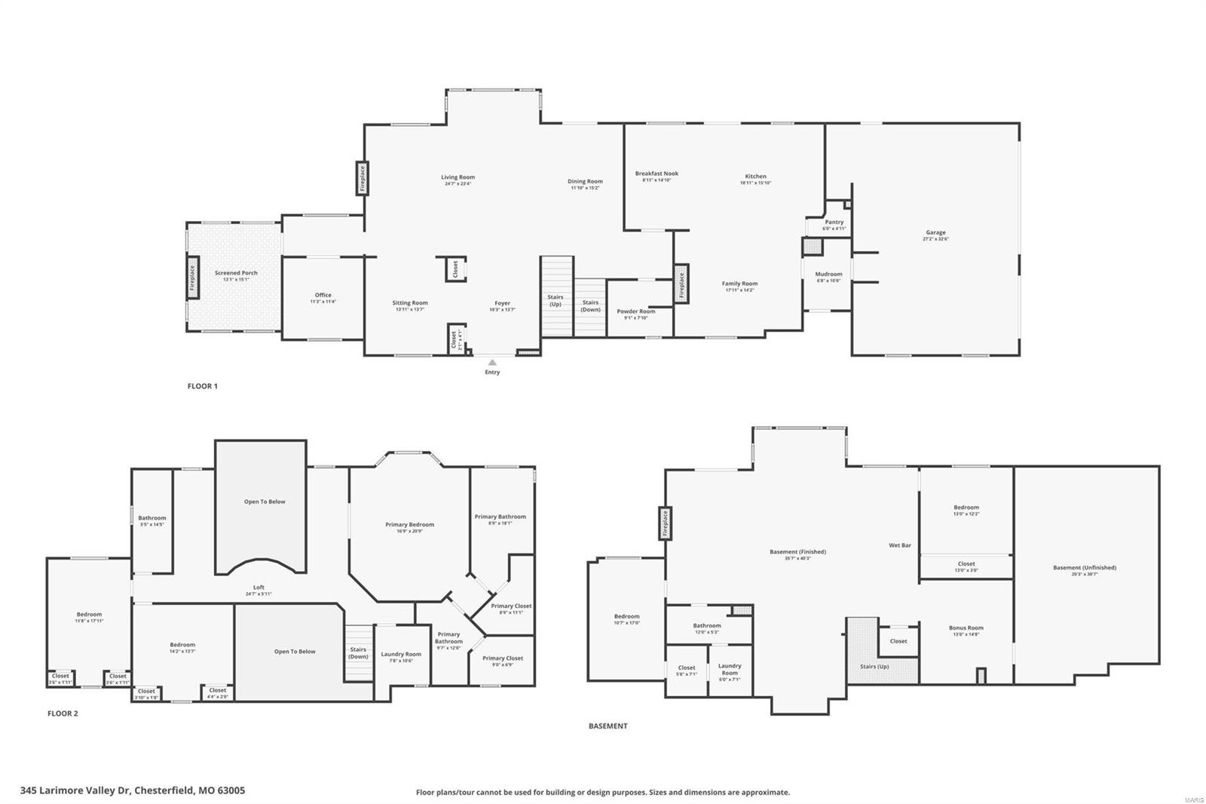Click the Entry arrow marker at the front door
click(492, 363)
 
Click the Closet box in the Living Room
click(455, 269)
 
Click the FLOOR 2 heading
click(63, 713)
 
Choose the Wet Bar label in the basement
click(900, 545)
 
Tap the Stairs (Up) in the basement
click(874, 666)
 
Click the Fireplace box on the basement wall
click(666, 523)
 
